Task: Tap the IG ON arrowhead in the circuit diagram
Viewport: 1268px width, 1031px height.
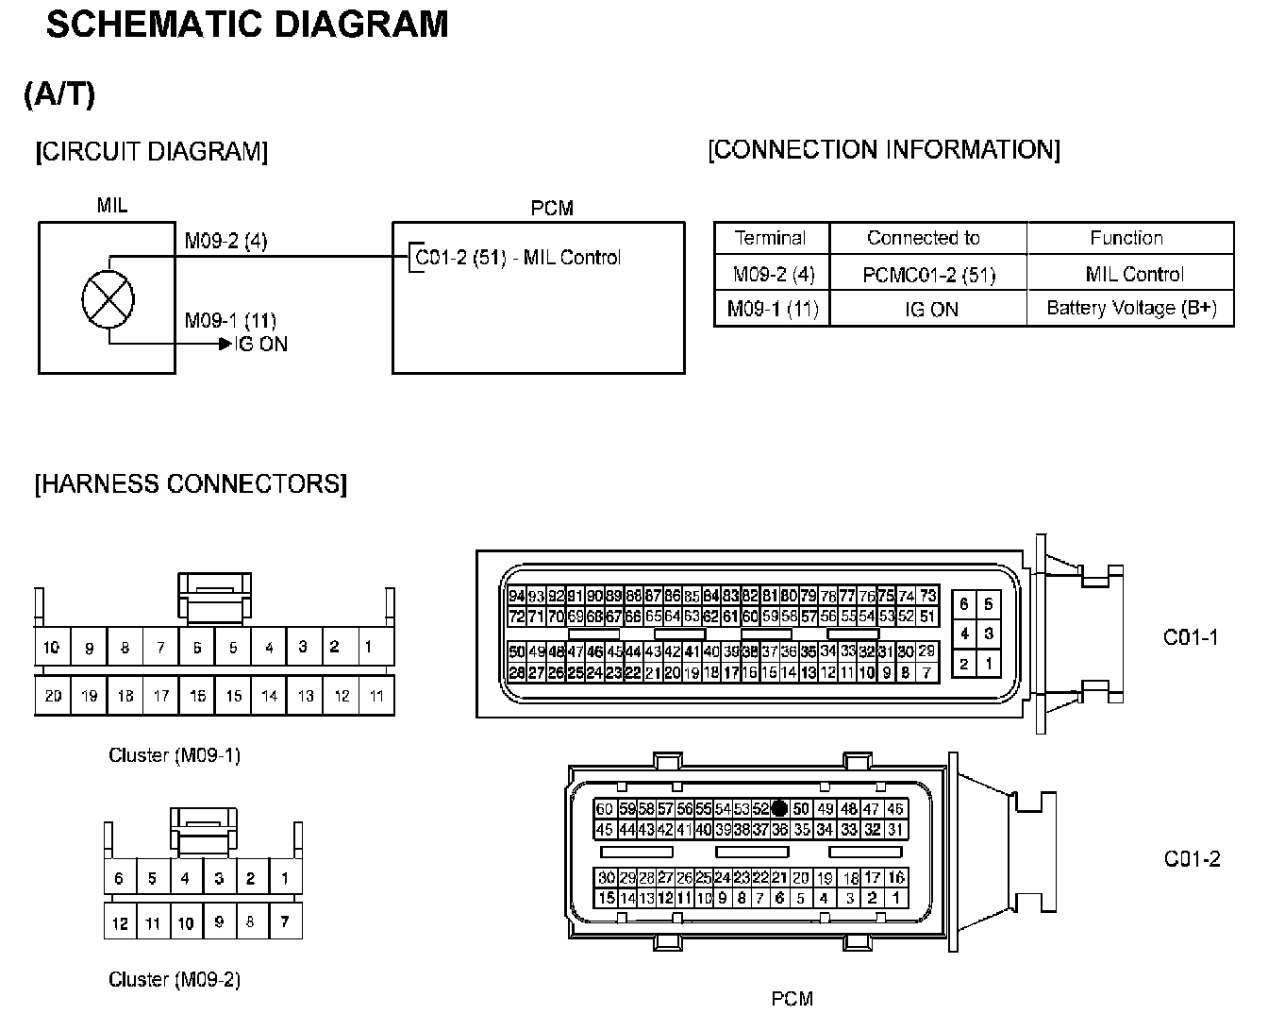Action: click(225, 345)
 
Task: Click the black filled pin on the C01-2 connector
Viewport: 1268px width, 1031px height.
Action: click(779, 808)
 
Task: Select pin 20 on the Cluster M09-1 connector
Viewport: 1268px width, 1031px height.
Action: click(53, 696)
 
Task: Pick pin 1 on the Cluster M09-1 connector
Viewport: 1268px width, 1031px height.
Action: click(368, 647)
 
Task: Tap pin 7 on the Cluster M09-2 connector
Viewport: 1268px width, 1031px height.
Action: click(285, 921)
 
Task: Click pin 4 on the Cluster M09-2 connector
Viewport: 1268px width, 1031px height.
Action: click(185, 878)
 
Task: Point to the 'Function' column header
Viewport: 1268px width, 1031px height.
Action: click(1126, 238)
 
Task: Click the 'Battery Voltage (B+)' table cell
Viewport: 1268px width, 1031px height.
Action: click(1131, 308)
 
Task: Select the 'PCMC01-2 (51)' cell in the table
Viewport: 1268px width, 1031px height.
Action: click(929, 275)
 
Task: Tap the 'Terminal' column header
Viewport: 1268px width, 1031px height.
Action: click(771, 238)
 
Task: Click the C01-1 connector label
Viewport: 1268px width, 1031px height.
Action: click(1191, 637)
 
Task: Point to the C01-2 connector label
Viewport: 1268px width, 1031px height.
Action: click(1192, 858)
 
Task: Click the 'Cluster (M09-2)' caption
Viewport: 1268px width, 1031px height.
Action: click(175, 979)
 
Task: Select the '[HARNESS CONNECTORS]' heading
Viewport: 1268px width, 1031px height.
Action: click(191, 484)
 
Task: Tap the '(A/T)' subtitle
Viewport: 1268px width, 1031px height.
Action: click(59, 93)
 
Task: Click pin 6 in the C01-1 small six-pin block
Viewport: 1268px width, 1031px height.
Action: click(963, 604)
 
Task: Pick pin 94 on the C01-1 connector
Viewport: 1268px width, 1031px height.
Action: click(516, 596)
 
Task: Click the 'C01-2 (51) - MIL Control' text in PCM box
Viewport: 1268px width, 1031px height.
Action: click(517, 258)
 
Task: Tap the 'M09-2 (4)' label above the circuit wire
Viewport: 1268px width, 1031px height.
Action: click(225, 241)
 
